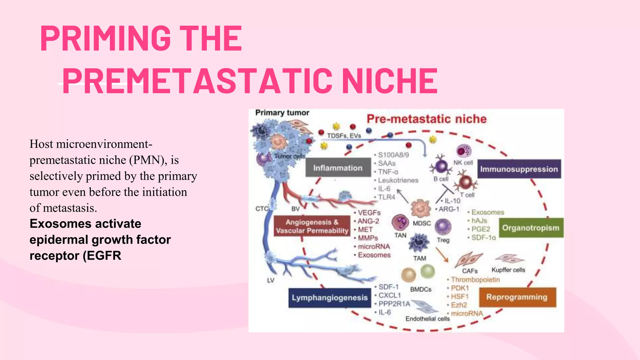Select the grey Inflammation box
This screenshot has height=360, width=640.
[338, 168]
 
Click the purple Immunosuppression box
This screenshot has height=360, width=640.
[519, 169]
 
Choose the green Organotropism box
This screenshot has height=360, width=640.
[531, 228]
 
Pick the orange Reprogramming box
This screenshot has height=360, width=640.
[517, 297]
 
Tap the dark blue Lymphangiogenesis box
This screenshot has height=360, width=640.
[330, 297]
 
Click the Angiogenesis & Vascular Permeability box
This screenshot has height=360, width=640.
[312, 226]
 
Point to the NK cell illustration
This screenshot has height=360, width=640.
[464, 151]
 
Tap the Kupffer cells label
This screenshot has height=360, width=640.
[508, 270]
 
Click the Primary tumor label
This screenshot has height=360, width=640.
[282, 113]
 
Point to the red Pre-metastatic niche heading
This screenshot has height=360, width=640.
[426, 119]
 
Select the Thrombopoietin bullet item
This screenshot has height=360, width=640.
[475, 279]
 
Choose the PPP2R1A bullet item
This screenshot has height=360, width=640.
[394, 304]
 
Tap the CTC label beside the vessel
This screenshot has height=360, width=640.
[261, 208]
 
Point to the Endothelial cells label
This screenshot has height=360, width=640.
[427, 319]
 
